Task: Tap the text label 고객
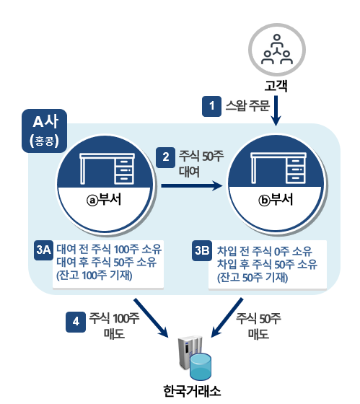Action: coord(277,87)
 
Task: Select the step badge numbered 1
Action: coord(211,106)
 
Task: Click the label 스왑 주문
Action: coord(247,106)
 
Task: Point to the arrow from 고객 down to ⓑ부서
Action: coord(277,112)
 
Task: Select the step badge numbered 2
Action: coord(167,155)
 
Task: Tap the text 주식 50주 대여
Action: coord(199,162)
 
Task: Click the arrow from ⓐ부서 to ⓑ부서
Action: coord(190,186)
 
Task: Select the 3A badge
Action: coord(43,250)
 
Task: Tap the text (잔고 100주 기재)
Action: coord(92,274)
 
